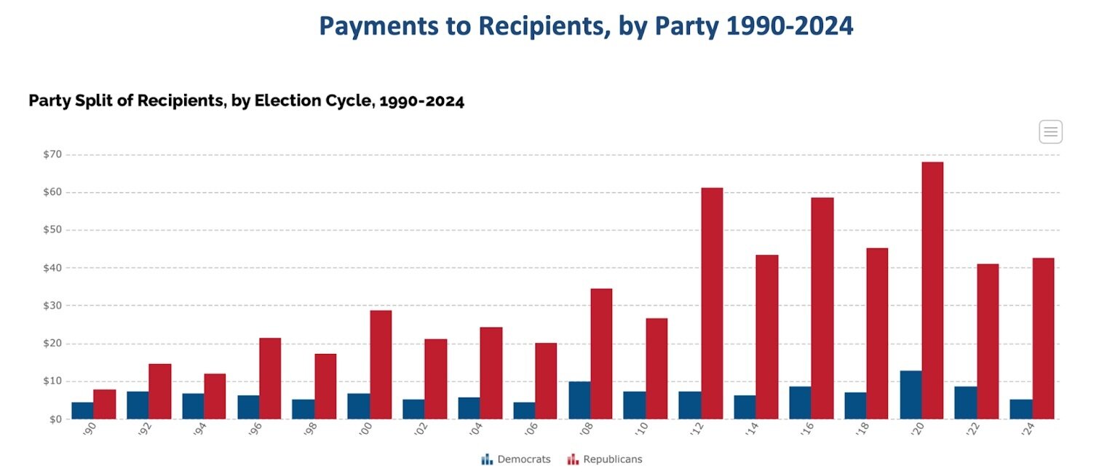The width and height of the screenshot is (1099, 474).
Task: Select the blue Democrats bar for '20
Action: [910, 395]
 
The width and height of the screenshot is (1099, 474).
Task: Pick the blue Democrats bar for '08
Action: [579, 400]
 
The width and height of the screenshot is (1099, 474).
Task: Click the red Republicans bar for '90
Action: [104, 404]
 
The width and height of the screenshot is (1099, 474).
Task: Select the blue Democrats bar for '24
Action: [1020, 408]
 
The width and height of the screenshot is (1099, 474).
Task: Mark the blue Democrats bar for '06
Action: [524, 410]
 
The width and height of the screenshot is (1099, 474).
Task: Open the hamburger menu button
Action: [1050, 132]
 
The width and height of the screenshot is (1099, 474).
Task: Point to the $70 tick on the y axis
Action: [52, 154]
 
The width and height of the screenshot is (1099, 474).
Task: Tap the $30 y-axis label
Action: [52, 306]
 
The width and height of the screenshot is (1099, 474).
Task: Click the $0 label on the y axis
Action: [55, 419]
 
